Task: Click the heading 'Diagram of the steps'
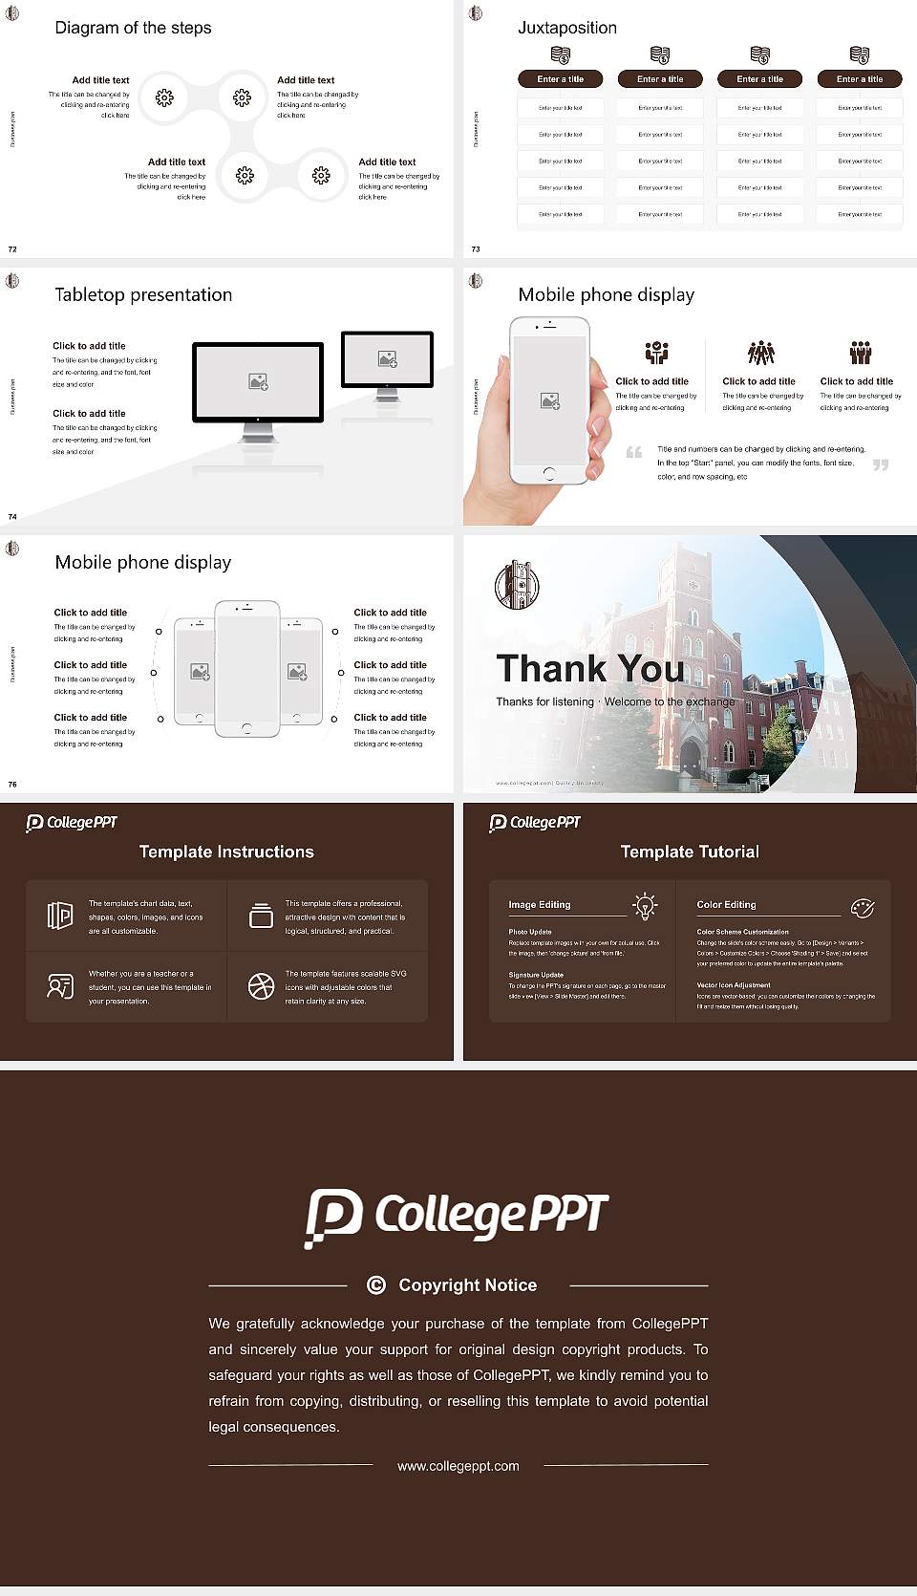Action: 133,28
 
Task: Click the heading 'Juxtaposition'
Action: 566,28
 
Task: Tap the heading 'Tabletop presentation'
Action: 143,294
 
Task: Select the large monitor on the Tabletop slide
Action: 258,382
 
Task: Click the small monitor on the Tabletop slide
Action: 387,359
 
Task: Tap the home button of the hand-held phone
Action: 548,473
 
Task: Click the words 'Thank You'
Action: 589,668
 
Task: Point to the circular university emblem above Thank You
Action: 517,585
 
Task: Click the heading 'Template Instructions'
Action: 226,852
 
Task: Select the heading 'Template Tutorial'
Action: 690,852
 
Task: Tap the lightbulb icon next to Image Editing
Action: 645,906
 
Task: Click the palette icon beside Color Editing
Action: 862,908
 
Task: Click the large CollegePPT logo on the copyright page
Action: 457,1217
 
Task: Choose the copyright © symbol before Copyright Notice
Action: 376,1285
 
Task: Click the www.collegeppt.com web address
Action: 458,1466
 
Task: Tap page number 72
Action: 12,248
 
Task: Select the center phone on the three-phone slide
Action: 246,669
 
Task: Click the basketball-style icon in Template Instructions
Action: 261,986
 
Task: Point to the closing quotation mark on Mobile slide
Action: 881,464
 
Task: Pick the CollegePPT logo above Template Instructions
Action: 72,823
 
